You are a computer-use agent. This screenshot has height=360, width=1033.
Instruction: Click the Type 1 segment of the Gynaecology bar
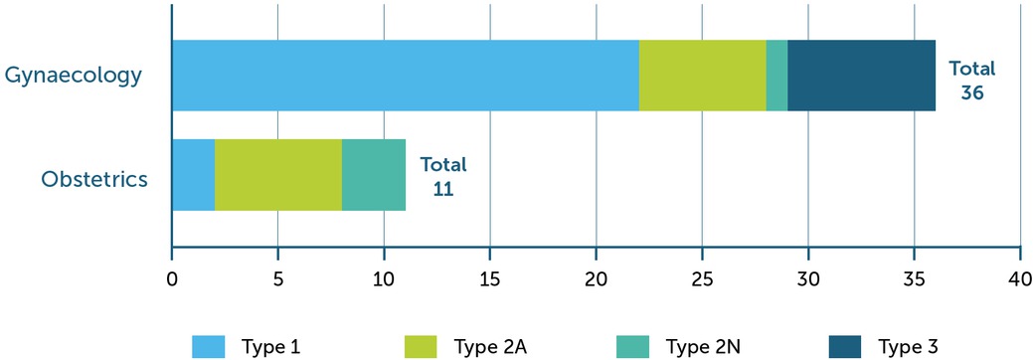coord(405,76)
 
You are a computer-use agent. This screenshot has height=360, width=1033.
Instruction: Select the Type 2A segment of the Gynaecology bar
coord(702,76)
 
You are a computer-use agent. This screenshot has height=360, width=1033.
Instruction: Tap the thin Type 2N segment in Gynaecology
coord(776,76)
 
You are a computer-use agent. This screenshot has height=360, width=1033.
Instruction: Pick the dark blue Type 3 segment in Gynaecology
coord(861,76)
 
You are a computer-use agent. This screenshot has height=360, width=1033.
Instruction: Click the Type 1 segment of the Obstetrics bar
coord(193,175)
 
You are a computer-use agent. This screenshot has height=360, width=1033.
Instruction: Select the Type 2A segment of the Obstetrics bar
coord(278,175)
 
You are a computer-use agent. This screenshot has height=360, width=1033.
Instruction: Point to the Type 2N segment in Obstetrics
coord(374,175)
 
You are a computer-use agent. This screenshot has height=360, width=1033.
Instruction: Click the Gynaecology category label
coord(73,76)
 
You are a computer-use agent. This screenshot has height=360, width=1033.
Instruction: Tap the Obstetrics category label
coord(94,179)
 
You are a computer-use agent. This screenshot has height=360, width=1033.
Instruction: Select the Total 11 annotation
coord(442,176)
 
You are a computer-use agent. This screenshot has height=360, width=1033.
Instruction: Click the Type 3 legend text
coord(908,346)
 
